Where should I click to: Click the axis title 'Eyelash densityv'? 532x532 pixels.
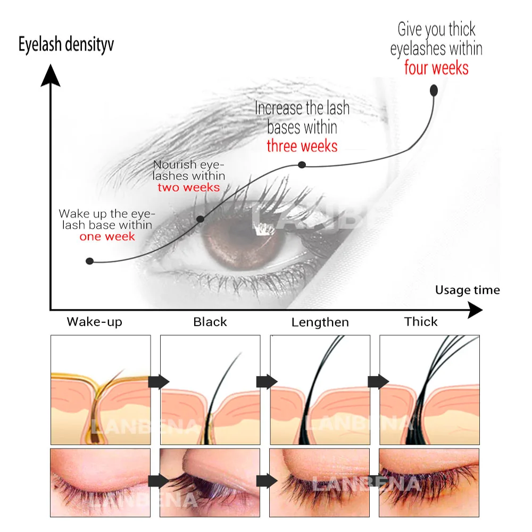[x=66, y=45]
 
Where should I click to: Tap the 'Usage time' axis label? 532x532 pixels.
[x=467, y=290]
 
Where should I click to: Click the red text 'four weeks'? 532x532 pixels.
[x=436, y=68]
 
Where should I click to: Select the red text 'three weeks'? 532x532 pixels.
[x=302, y=145]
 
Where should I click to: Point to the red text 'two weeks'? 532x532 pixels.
[x=188, y=187]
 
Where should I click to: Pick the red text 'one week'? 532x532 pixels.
[x=107, y=236]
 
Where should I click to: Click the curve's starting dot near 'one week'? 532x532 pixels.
[x=90, y=261]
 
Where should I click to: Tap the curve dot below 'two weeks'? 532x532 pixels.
[x=201, y=219]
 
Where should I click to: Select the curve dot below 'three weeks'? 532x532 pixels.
[x=302, y=165]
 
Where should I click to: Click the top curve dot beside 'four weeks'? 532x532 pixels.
[x=434, y=90]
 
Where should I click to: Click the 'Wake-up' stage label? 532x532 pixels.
[x=94, y=322]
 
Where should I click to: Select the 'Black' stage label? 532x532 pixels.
[x=210, y=322]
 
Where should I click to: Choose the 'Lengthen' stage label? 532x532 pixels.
[x=320, y=322]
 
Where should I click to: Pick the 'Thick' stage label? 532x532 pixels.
[x=421, y=322]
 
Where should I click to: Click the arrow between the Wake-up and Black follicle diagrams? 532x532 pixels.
[x=159, y=381]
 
